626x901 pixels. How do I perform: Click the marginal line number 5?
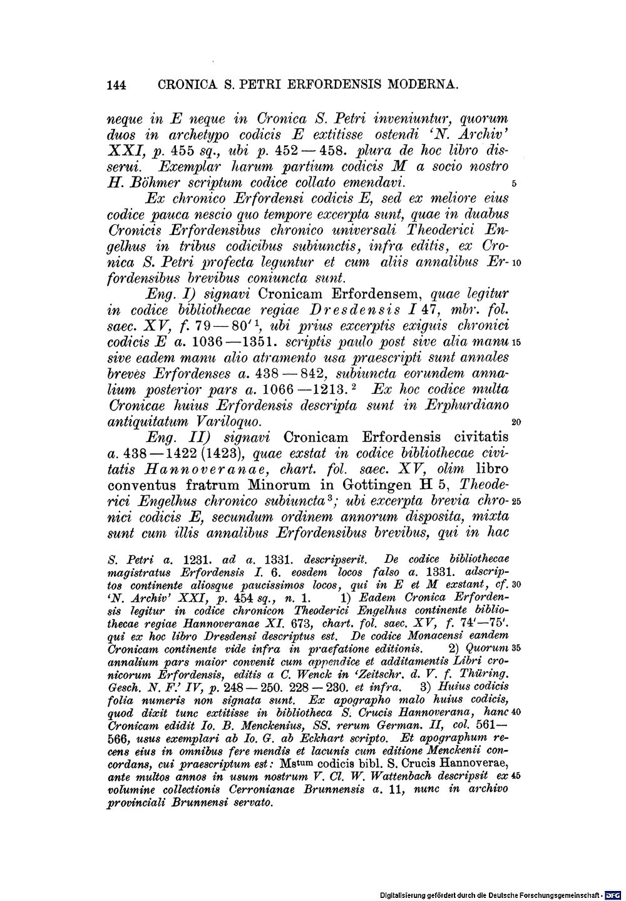(x=513, y=184)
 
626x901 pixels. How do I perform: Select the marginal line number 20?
(x=516, y=423)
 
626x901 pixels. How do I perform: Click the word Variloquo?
(x=232, y=422)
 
